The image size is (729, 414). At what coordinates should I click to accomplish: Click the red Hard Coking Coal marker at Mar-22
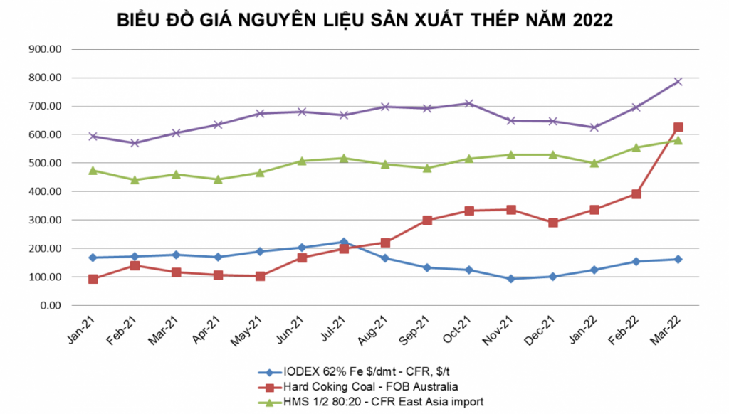tap(678, 127)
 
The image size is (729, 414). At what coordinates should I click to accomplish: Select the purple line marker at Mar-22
tap(678, 82)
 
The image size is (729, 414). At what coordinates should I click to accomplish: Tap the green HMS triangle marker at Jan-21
tap(93, 171)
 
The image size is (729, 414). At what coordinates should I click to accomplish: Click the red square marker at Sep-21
tap(427, 220)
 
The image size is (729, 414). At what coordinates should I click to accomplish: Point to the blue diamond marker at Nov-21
tap(511, 279)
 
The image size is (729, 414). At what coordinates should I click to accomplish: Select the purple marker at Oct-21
tap(469, 104)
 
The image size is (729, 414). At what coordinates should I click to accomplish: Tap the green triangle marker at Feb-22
tap(636, 147)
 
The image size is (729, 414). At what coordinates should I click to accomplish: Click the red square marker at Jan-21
tap(93, 279)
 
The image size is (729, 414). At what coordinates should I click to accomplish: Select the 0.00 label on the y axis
tap(51, 305)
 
